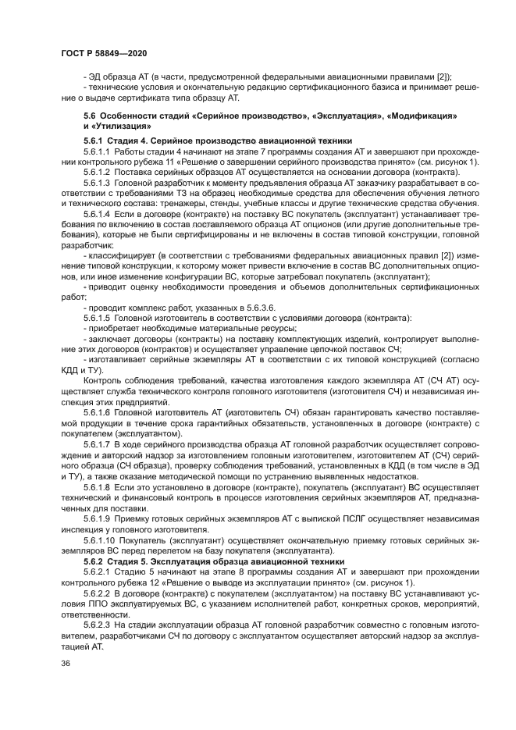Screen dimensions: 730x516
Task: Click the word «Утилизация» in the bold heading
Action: coord(120,126)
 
